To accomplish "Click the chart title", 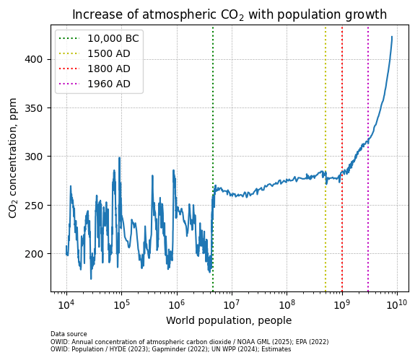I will click(x=229, y=14).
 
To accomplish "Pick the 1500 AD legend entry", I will click(x=109, y=53).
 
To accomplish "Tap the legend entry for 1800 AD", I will click(x=109, y=69).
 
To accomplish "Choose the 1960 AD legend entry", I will click(x=109, y=84).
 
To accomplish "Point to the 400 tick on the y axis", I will click(x=38, y=59).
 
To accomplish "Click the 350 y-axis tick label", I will click(x=38, y=108).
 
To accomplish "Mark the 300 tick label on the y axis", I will click(x=38, y=157).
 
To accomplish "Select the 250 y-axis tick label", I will click(x=38, y=206).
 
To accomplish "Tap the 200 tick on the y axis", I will click(x=38, y=254).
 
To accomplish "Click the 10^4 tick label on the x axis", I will click(x=66, y=304).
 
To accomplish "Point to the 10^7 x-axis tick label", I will click(x=232, y=304).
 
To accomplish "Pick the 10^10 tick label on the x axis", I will click(x=397, y=304).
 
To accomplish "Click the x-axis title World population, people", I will click(x=229, y=321).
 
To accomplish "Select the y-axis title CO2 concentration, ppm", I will click(x=13, y=157).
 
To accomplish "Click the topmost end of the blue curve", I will click(x=392, y=37).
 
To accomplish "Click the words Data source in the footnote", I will click(x=69, y=334).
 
